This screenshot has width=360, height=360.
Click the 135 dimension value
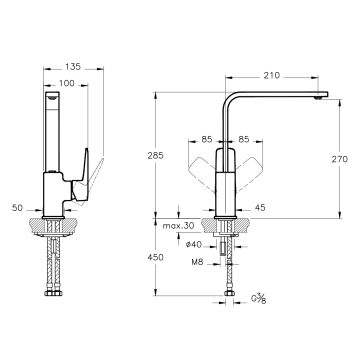pyautogui.click(x=73, y=67)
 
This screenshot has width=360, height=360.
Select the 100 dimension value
pyautogui.click(x=67, y=83)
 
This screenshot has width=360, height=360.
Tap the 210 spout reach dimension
pyautogui.click(x=272, y=76)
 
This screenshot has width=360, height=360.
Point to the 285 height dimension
pyautogui.click(x=155, y=155)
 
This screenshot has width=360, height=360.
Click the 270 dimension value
pyautogui.click(x=340, y=159)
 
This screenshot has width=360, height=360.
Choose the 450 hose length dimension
pyautogui.click(x=155, y=257)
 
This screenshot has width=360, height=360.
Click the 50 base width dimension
pyautogui.click(x=17, y=208)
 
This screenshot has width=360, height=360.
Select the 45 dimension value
pyautogui.click(x=260, y=208)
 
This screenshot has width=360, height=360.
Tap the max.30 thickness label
pyautogui.click(x=178, y=226)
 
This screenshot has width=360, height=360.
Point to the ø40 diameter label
pyautogui.click(x=193, y=245)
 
